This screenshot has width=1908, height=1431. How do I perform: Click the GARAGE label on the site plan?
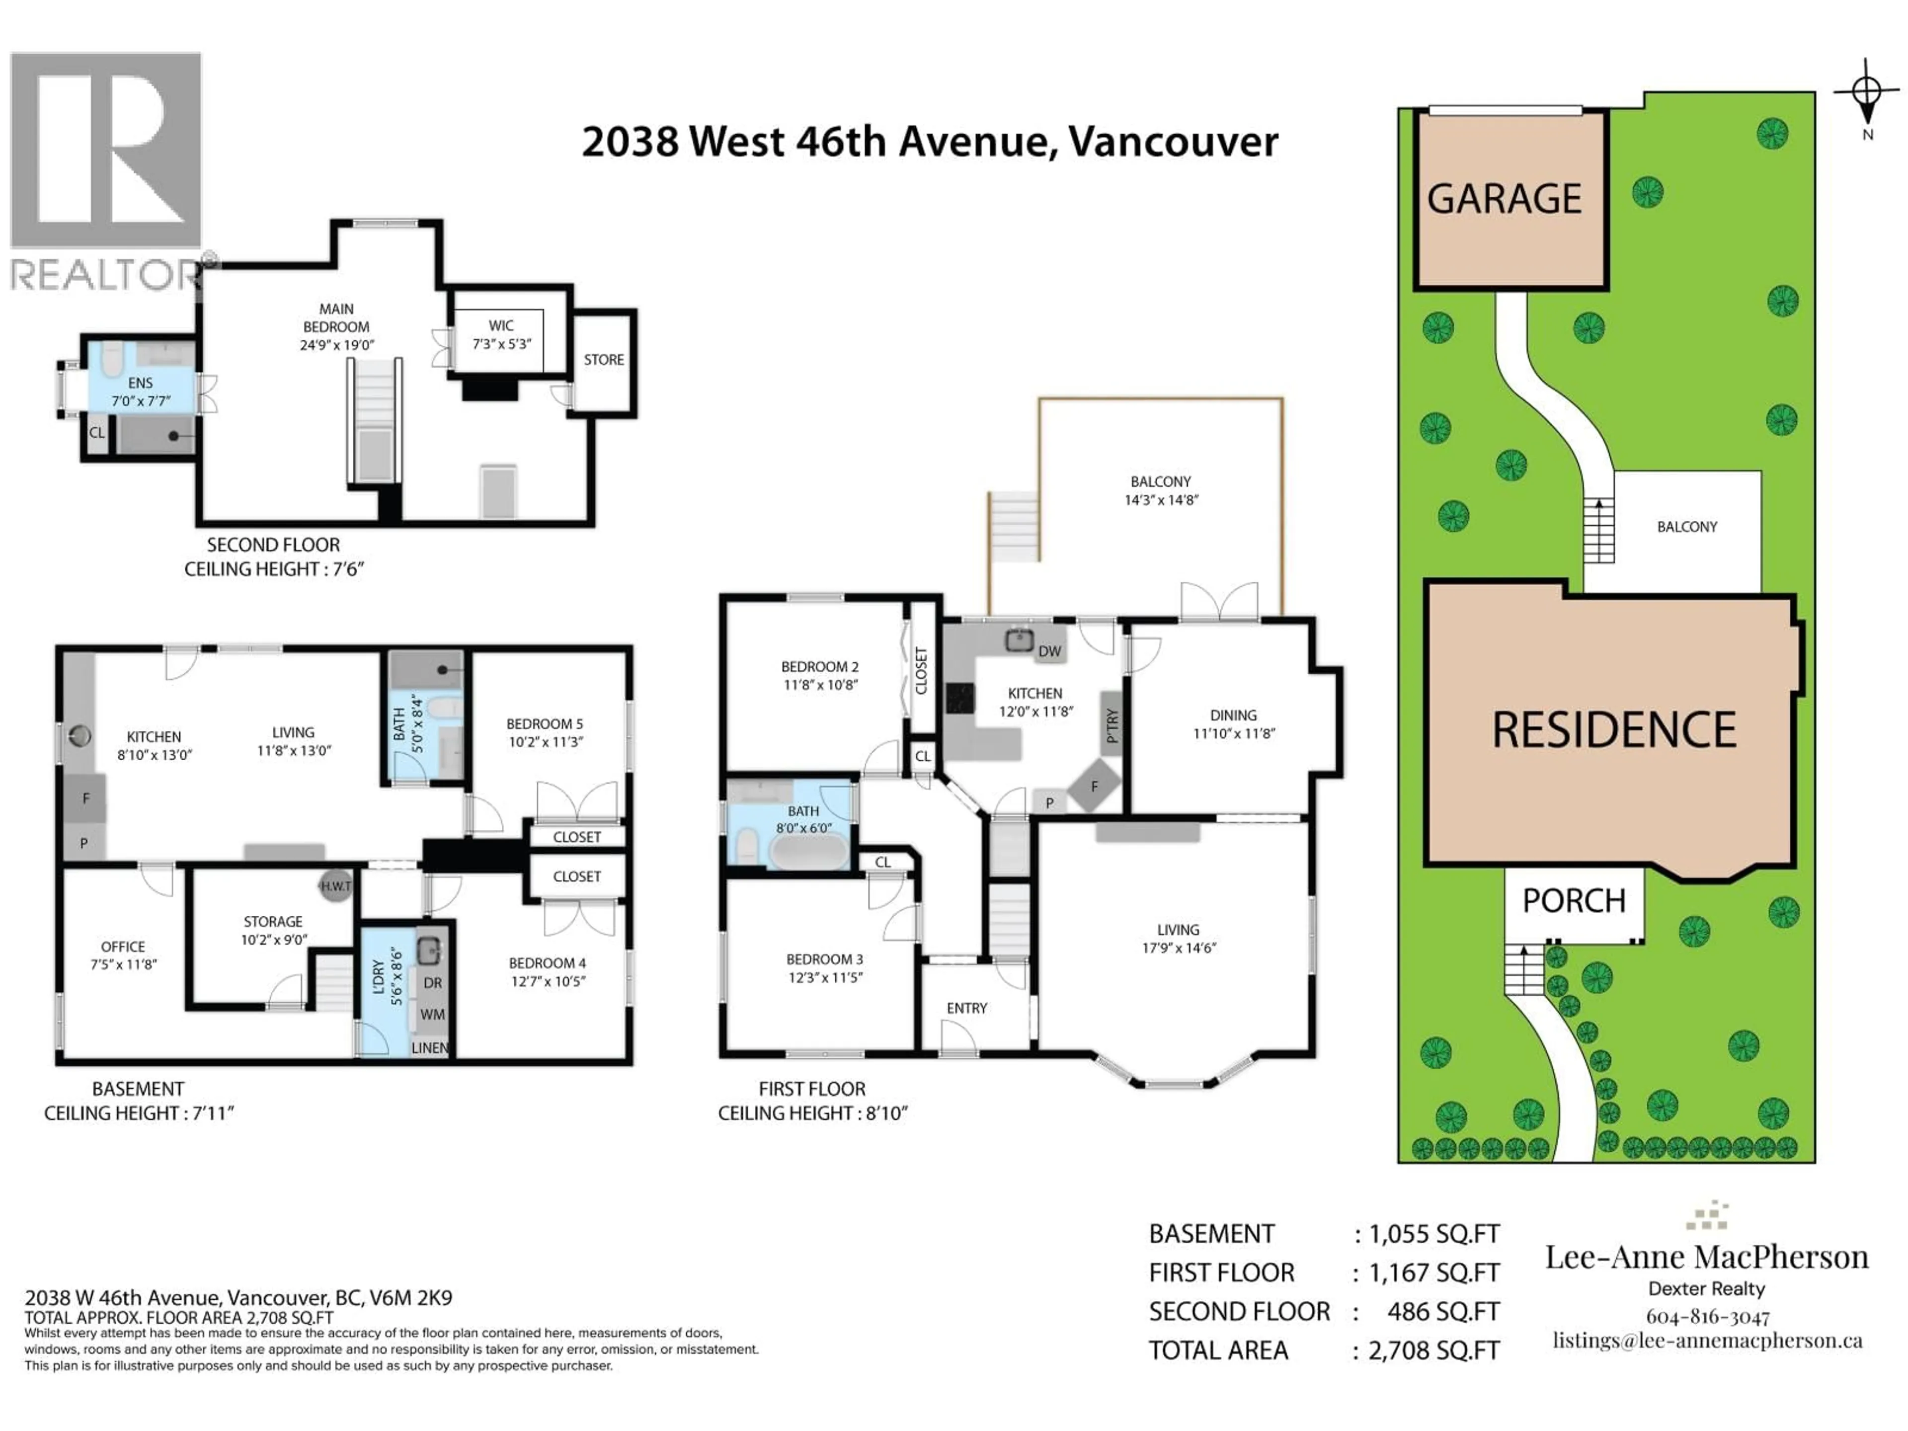click(1505, 199)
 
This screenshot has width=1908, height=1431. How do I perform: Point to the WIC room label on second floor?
click(501, 325)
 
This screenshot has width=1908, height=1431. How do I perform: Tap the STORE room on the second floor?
click(604, 360)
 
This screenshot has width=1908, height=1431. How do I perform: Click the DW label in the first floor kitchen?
click(1050, 651)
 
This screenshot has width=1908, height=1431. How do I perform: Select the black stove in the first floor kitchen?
click(960, 698)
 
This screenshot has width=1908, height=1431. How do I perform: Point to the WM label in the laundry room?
click(432, 1015)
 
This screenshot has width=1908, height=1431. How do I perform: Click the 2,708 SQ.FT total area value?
click(1433, 1351)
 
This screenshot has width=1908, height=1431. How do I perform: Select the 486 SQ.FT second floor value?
click(1443, 1312)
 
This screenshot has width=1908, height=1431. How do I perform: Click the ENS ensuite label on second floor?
click(141, 383)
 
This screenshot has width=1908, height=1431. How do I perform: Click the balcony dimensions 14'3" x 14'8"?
click(1161, 499)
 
